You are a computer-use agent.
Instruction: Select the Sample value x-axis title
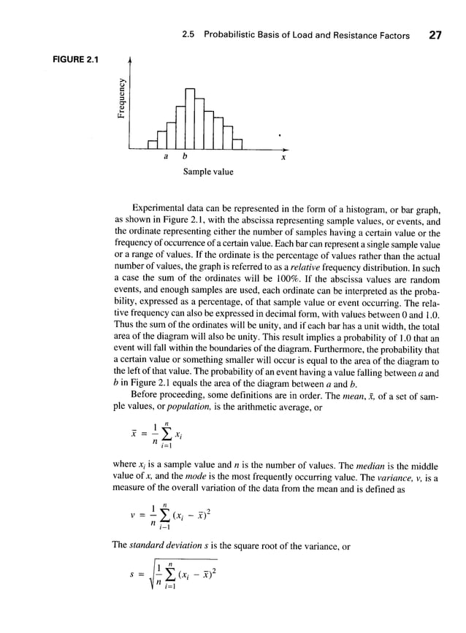[x=208, y=172]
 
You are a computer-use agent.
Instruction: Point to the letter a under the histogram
[x=165, y=157]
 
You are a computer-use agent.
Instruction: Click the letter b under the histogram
[x=183, y=157]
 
